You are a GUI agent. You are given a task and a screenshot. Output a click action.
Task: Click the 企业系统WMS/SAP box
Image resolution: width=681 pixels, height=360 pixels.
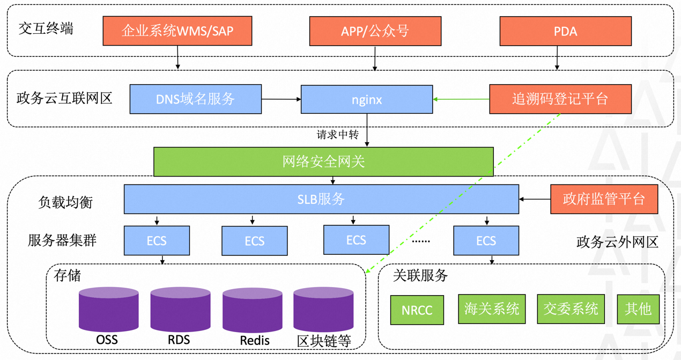coord(177,31)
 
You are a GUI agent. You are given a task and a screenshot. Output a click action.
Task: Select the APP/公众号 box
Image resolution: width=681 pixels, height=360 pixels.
coord(375,31)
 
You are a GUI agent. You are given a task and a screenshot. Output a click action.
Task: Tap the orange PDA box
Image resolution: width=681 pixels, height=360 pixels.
coord(565,31)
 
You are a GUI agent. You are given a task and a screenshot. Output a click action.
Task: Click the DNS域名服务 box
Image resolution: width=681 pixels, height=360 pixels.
coord(195,99)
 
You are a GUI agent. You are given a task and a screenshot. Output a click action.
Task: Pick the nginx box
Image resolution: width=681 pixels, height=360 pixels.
coord(366,99)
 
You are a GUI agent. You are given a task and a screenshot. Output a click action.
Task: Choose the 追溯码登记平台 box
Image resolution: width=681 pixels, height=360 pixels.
coord(560,99)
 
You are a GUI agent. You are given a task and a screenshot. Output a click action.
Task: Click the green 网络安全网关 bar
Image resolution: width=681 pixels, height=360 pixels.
coord(323,161)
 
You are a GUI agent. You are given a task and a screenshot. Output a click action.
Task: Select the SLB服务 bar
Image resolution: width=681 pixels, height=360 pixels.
coord(321,200)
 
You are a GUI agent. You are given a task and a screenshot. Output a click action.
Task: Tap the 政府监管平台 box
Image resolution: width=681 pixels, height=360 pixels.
coord(604,200)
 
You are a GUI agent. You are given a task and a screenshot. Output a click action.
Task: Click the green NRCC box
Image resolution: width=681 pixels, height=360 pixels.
coord(417,310)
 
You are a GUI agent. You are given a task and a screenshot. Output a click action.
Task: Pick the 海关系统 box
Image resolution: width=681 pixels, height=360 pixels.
coord(491,309)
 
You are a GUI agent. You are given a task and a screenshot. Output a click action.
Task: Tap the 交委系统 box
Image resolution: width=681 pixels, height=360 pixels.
coord(571,309)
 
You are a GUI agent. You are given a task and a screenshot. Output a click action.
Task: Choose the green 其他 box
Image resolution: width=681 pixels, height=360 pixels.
coord(638,309)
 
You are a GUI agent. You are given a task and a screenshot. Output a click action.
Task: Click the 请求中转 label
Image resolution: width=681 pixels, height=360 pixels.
coord(337,134)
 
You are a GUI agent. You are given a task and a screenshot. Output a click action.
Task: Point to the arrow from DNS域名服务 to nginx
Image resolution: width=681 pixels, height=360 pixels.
coord(281,99)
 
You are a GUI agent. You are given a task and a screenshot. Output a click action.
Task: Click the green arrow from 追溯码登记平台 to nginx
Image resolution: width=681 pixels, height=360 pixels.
coord(461,99)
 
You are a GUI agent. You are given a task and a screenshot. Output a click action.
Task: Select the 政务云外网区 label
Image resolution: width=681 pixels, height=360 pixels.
coord(617,242)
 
